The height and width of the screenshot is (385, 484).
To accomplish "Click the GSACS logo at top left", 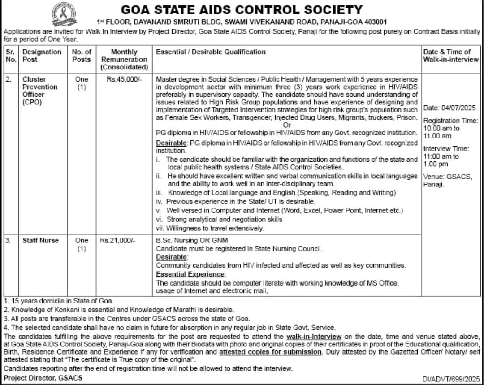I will click(x=64, y=13).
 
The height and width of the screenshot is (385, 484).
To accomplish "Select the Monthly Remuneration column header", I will click(x=124, y=59).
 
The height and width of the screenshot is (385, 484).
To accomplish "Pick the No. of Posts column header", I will click(x=81, y=56).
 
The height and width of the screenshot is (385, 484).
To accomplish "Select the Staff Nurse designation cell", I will click(x=41, y=240).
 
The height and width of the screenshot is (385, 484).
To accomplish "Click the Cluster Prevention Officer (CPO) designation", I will click(x=40, y=91).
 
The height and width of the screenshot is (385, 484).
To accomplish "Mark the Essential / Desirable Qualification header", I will click(x=211, y=52).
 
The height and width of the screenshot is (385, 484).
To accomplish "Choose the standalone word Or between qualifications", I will click(x=287, y=125).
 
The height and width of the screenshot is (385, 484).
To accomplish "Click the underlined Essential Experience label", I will click(x=190, y=274).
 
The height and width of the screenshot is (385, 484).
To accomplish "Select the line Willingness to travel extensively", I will click(x=215, y=228).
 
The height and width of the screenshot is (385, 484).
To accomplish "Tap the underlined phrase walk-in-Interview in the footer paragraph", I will click(x=314, y=336).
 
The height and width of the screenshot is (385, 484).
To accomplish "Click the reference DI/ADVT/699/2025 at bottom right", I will click(x=451, y=378).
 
